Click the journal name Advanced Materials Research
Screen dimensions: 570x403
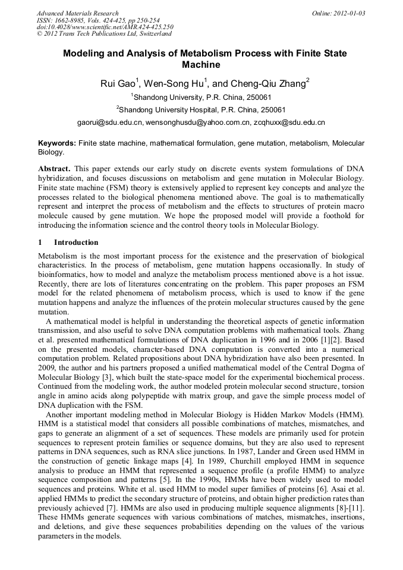pos(77,13)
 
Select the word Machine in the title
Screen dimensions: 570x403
pos(201,65)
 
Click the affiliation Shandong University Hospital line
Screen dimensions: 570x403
pos(202,109)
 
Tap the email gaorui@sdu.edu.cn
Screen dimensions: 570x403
pos(111,123)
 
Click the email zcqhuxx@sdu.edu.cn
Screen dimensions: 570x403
pos(289,123)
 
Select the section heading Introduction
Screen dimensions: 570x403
pos(76,243)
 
